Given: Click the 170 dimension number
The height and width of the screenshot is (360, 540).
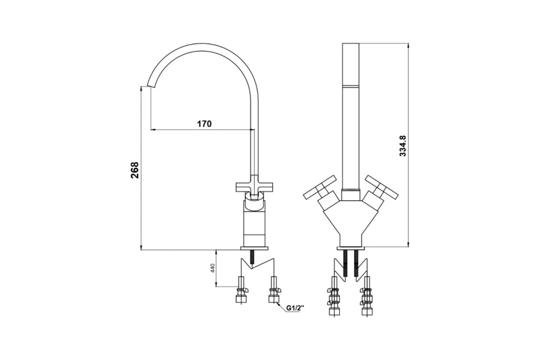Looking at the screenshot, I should [204, 123].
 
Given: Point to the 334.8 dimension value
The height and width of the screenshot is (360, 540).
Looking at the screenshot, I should [403, 146].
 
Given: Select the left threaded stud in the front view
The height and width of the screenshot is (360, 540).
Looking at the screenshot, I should [346, 263].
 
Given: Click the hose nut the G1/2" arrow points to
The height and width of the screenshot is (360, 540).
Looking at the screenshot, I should [273, 298].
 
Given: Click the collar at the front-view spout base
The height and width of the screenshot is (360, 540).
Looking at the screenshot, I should [351, 194].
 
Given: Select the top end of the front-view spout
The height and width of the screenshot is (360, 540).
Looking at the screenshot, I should [351, 45].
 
